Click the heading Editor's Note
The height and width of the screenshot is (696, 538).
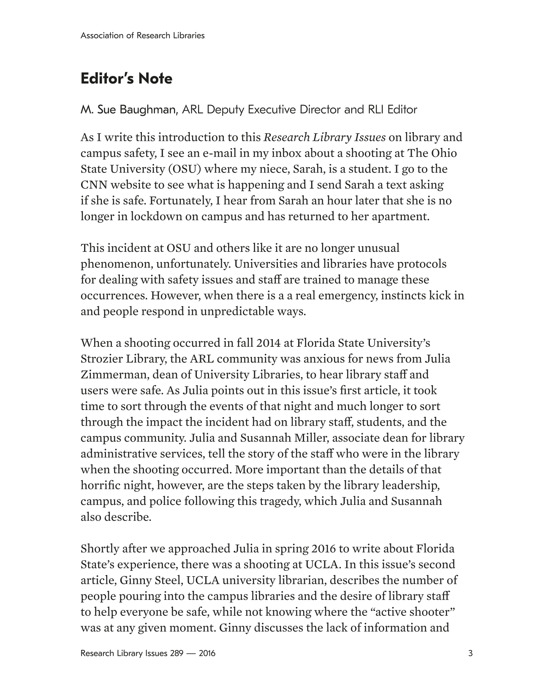pos(126,79)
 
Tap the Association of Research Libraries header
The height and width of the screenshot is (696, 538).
pos(142,35)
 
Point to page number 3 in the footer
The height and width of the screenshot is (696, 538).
pos(470,653)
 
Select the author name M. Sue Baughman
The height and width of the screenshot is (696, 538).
pos(128,110)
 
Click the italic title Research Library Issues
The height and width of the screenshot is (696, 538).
pos(324,138)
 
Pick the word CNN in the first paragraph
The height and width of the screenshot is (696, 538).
pos(92,185)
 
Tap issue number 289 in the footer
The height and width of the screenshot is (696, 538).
pos(177,653)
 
